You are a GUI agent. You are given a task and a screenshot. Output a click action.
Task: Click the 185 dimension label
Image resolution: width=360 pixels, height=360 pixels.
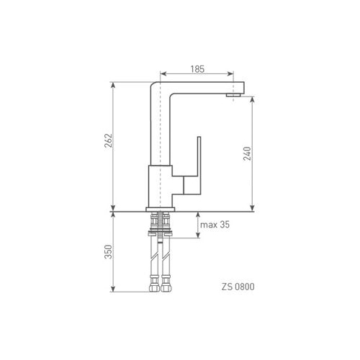(197, 69)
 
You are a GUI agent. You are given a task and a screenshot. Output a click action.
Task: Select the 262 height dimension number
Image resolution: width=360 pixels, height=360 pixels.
(108, 140)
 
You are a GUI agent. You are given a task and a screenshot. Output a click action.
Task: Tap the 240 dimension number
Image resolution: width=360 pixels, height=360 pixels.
(247, 153)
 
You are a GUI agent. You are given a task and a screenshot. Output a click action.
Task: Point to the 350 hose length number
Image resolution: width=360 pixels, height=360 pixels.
(108, 252)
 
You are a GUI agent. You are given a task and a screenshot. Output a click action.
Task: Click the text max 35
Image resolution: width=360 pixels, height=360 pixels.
(215, 225)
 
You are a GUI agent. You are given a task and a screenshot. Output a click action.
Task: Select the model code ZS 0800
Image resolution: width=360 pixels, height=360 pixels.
(238, 287)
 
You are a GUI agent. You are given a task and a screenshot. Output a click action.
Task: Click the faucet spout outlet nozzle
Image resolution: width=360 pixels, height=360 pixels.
(233, 95)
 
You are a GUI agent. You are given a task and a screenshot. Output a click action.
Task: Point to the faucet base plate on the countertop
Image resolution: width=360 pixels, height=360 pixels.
(161, 210)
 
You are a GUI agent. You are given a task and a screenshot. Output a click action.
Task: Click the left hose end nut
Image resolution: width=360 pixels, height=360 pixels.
(154, 287)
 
